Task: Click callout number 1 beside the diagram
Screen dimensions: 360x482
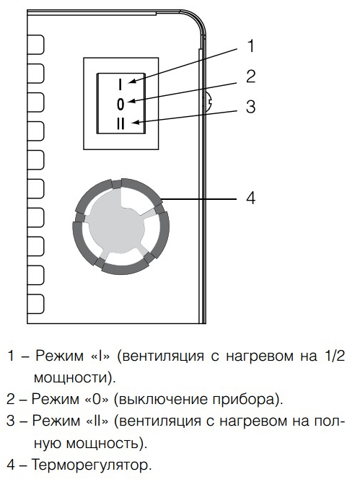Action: coord(250,46)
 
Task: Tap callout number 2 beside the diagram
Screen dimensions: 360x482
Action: coord(251,76)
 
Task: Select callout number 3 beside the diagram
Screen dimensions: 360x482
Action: coord(251,107)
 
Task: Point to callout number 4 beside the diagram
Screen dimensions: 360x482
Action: coord(251,198)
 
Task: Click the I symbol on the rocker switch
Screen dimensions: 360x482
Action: coord(120,84)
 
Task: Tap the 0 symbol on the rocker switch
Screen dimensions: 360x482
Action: coord(120,105)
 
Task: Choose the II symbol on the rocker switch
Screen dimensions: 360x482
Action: coord(120,124)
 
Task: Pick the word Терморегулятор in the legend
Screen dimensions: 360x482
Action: coord(92,465)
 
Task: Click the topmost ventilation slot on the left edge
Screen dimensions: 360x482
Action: coord(35,45)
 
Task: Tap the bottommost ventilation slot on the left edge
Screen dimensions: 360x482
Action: coord(35,304)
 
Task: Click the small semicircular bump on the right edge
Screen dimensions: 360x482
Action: coord(208,102)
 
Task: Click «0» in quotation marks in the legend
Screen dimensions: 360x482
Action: coord(96,399)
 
